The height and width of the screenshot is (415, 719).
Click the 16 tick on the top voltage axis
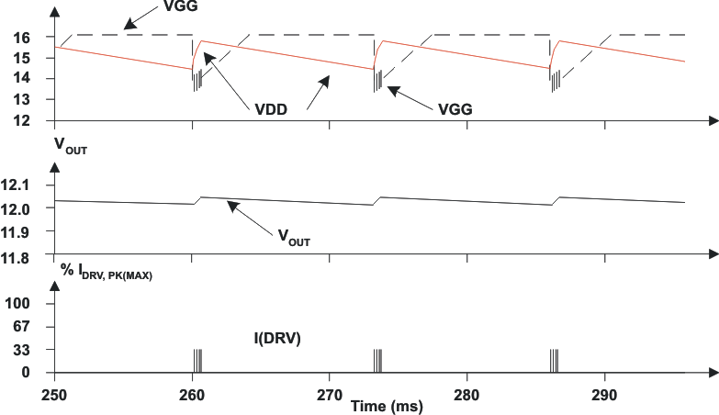[23, 37]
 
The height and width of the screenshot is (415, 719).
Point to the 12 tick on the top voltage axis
[23, 120]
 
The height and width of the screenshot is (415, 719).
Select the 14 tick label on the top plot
[23, 78]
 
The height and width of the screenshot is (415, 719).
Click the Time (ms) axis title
[383, 404]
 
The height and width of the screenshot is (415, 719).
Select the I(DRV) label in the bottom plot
[276, 338]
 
